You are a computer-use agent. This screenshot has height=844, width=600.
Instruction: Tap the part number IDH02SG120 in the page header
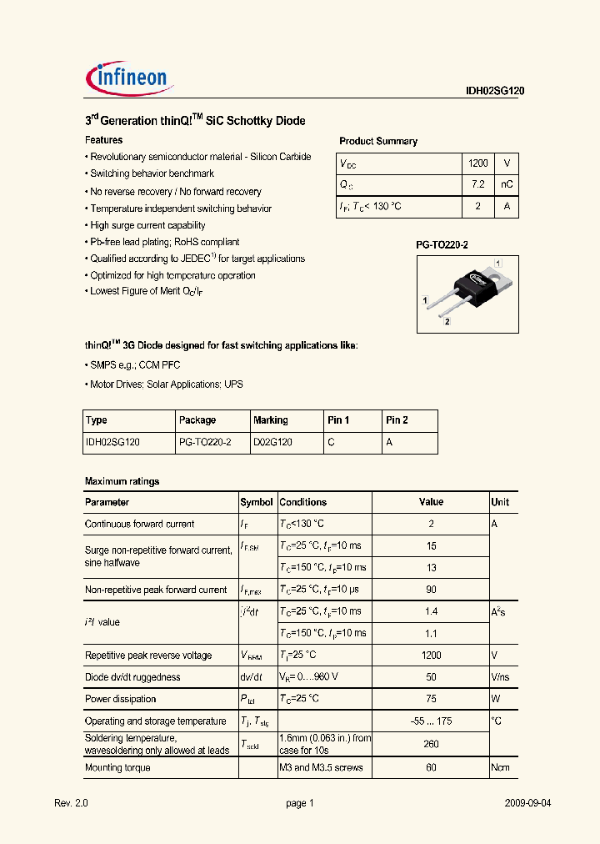(495, 93)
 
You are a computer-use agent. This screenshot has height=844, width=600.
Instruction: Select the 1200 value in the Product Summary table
(477, 164)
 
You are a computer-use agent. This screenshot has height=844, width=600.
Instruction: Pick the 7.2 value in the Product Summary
(477, 185)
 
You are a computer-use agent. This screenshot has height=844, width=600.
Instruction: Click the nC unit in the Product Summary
(507, 185)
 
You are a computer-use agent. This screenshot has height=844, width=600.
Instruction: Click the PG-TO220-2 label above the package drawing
(442, 245)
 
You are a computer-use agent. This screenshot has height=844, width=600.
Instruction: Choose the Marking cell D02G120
(272, 443)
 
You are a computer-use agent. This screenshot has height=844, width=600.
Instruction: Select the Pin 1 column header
(338, 420)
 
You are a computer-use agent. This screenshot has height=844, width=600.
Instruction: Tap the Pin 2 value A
(389, 443)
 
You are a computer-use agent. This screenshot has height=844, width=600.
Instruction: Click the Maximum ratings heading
(122, 481)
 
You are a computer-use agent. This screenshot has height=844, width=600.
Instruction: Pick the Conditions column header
(302, 502)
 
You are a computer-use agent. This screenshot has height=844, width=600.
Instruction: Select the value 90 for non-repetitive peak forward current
(431, 590)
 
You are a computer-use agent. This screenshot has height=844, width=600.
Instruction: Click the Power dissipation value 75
(431, 699)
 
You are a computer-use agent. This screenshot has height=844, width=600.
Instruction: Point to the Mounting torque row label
(117, 767)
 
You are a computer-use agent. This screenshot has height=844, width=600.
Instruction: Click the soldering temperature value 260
(431, 743)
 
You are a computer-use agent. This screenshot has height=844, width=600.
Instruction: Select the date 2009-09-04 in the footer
(527, 803)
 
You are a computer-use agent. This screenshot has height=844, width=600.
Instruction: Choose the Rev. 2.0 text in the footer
(71, 803)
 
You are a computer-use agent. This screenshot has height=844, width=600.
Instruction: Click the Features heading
(104, 140)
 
